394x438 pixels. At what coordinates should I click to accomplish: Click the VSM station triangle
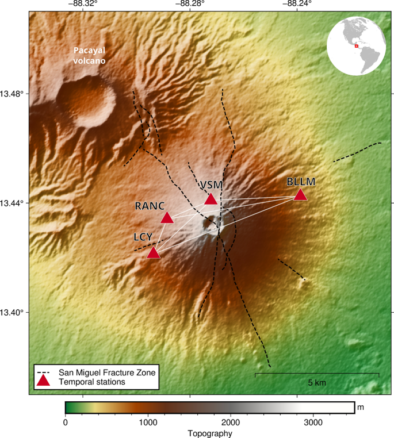click(211, 199)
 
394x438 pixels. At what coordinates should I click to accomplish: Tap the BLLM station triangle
click(300, 195)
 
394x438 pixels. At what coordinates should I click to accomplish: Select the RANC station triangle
click(167, 217)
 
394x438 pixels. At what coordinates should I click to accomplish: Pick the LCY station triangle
click(153, 253)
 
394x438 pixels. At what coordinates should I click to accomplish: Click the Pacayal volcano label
click(90, 55)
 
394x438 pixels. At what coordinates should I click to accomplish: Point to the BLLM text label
click(301, 182)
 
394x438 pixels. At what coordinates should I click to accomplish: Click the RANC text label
click(150, 206)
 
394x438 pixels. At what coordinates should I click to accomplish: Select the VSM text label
click(211, 185)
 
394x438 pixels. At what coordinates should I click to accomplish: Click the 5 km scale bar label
click(317, 382)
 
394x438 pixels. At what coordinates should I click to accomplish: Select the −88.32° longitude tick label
click(83, 5)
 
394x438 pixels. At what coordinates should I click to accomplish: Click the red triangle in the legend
click(43, 381)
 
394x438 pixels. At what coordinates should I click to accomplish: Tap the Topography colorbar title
click(209, 432)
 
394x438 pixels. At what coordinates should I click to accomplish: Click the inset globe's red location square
click(357, 45)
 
